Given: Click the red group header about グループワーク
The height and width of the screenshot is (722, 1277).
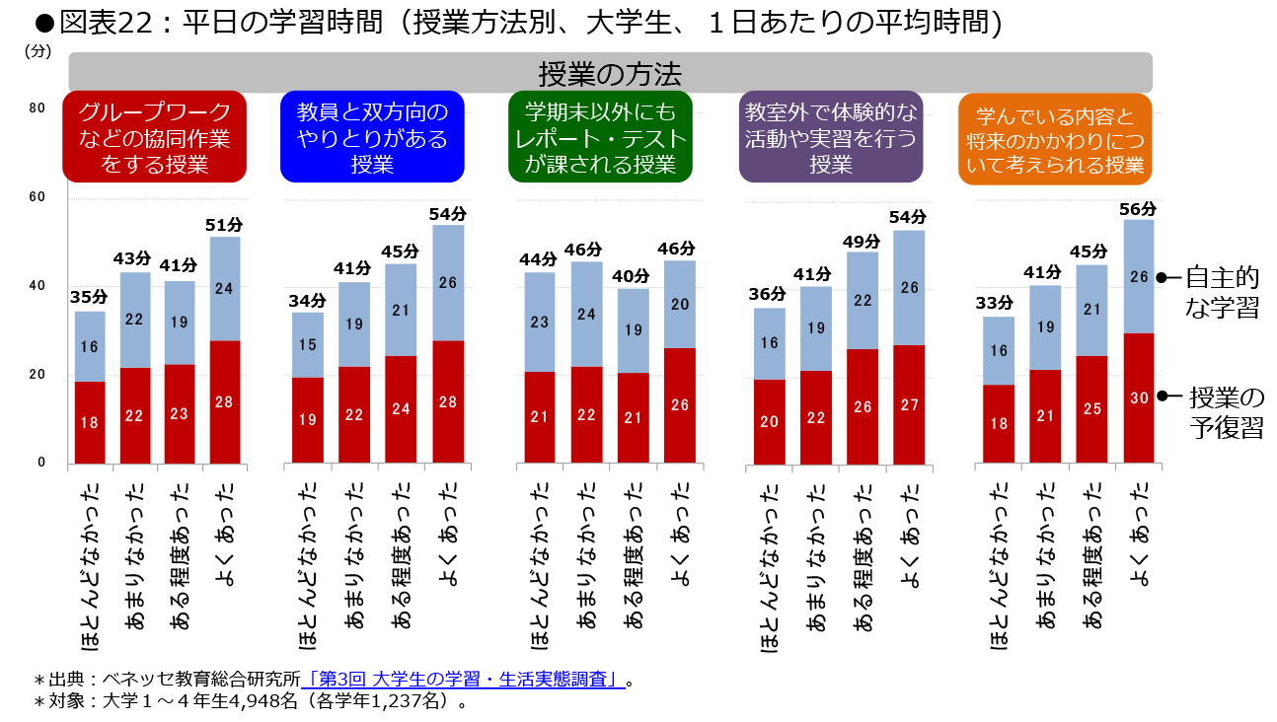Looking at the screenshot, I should tap(154, 138).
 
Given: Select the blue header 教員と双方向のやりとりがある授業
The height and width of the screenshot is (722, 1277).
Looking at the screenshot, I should tap(372, 138).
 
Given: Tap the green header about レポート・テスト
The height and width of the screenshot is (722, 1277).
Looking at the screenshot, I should tap(600, 138).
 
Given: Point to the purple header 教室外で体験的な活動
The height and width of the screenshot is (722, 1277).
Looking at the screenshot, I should tap(831, 138).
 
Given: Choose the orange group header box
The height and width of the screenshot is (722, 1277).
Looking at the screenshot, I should tap(1055, 138).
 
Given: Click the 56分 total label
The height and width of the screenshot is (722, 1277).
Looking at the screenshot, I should tap(1139, 209).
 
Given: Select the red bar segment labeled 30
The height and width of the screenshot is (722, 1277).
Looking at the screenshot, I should tap(1139, 398).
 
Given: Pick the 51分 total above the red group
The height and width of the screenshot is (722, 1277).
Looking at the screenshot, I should tap(225, 226).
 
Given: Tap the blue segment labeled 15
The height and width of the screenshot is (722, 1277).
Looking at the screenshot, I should tap(307, 344).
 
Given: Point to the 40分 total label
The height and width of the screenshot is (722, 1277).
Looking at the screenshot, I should tap(634, 277).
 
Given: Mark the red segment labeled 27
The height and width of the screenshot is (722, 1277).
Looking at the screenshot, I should tap(909, 403).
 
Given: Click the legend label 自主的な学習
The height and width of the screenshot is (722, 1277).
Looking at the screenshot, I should tap(1222, 292).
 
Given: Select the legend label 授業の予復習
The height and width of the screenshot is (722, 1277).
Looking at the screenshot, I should tap(1225, 412).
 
